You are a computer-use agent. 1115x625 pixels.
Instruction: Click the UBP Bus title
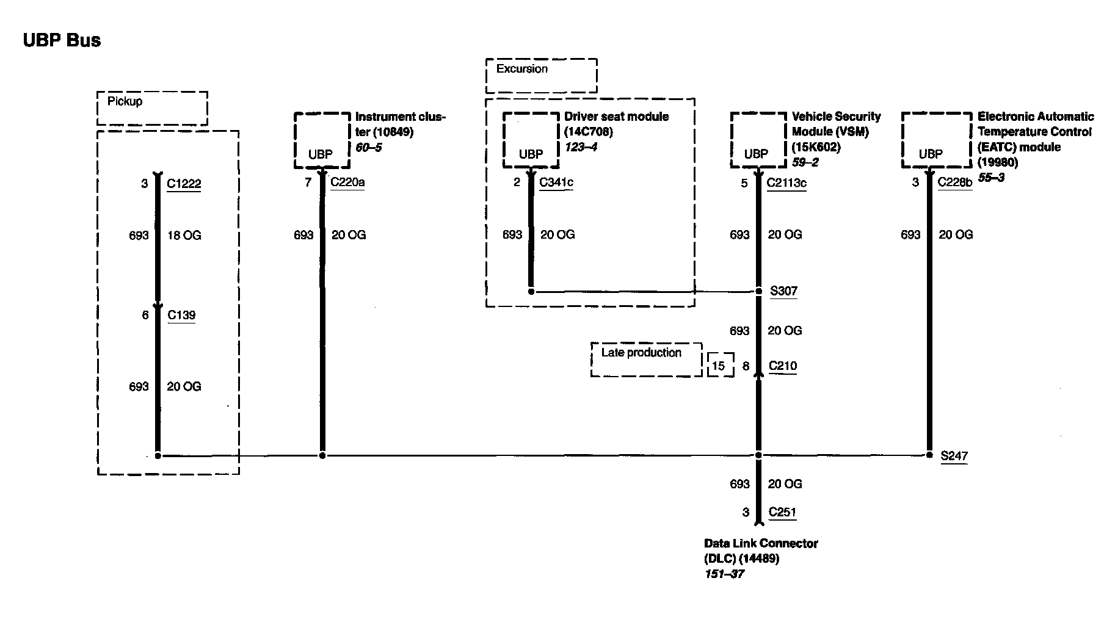click(62, 40)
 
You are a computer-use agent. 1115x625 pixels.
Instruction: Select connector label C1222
click(184, 184)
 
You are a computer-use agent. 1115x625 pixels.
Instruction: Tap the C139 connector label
click(181, 315)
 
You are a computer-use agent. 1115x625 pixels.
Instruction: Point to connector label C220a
click(347, 182)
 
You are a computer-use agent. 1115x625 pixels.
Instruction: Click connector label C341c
click(556, 182)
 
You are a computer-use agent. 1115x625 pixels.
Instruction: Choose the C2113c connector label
click(786, 182)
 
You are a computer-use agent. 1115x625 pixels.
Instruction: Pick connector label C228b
click(955, 182)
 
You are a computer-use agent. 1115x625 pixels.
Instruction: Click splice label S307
click(783, 291)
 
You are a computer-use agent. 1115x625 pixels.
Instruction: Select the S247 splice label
click(954, 456)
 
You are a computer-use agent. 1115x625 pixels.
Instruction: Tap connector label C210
click(782, 366)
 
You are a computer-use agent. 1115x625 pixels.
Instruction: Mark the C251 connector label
click(782, 512)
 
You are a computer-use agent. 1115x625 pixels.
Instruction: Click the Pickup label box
click(152, 108)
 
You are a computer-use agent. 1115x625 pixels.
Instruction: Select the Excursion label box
click(541, 76)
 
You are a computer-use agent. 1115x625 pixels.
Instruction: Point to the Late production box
click(646, 359)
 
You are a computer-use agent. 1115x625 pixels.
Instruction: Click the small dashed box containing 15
click(720, 366)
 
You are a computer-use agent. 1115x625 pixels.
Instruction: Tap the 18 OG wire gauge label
click(184, 235)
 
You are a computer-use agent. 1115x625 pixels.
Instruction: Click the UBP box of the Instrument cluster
click(322, 140)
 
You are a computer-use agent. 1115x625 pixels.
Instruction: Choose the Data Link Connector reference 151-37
click(724, 574)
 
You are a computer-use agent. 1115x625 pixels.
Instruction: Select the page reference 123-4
click(581, 147)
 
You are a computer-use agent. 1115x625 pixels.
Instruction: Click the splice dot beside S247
click(929, 455)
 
